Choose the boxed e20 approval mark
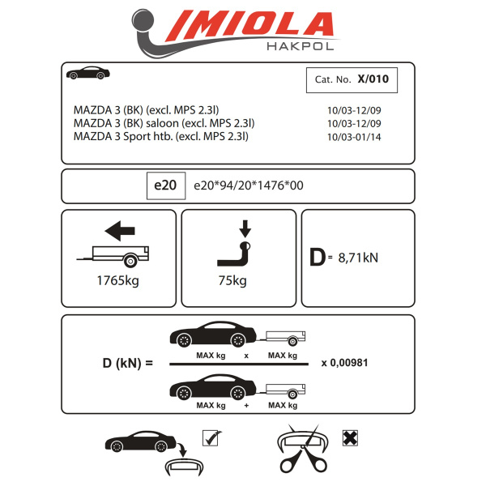tap(164, 185)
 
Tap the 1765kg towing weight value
tap(116, 282)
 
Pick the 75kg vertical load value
tap(233, 282)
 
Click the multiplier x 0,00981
tap(344, 362)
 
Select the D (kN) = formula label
tap(117, 362)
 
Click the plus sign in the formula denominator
tap(245, 404)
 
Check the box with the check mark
tap(210, 438)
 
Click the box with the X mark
tap(351, 438)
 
